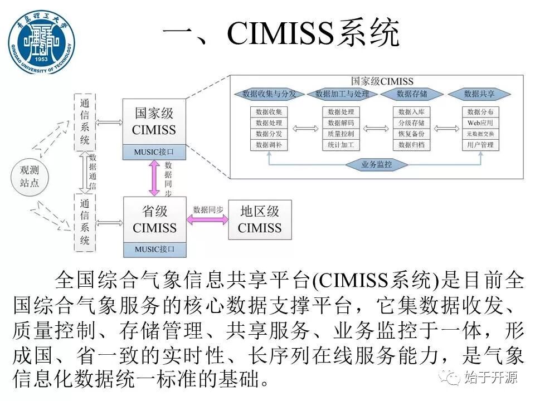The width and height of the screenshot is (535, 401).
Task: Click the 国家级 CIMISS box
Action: [x=154, y=122]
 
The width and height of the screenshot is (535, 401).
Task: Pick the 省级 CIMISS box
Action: [x=154, y=219]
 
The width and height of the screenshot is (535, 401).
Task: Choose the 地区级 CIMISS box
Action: [x=260, y=219]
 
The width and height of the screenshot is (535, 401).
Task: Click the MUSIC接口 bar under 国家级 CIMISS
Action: [x=154, y=151]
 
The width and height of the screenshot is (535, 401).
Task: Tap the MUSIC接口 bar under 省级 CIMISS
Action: [x=154, y=249]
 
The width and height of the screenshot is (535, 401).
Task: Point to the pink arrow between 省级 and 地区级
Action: [x=207, y=219]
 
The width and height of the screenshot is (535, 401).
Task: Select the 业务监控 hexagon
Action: [x=377, y=164]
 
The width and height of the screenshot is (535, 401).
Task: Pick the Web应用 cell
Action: [x=480, y=123]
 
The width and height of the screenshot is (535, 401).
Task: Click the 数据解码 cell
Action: [x=341, y=123]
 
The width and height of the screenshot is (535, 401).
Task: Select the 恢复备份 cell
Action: [x=412, y=134]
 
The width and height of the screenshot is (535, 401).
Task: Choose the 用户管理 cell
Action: [x=480, y=145]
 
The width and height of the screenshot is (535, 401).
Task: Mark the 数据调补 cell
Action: [x=269, y=145]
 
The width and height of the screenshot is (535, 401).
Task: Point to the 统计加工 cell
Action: [x=341, y=145]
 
